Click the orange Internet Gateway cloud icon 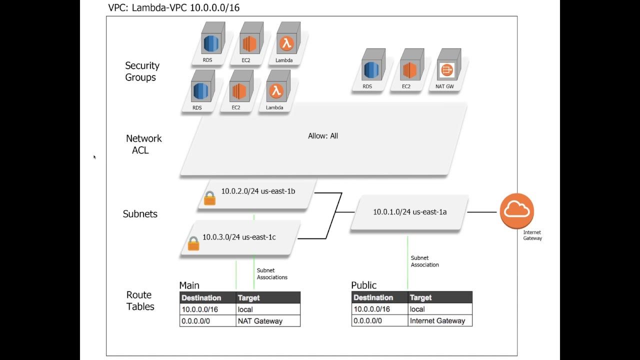pyautogui.click(x=517, y=211)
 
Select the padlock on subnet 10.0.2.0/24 pyautogui.click(x=209, y=198)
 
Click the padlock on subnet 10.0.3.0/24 pyautogui.click(x=193, y=243)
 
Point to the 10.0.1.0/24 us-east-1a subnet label pyautogui.click(x=409, y=211)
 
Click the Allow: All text pyautogui.click(x=323, y=135)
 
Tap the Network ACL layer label pyautogui.click(x=143, y=144)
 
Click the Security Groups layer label pyautogui.click(x=142, y=71)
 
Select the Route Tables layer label pyautogui.click(x=140, y=300)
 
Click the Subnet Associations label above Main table pyautogui.click(x=272, y=273)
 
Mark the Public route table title pyautogui.click(x=363, y=285)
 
